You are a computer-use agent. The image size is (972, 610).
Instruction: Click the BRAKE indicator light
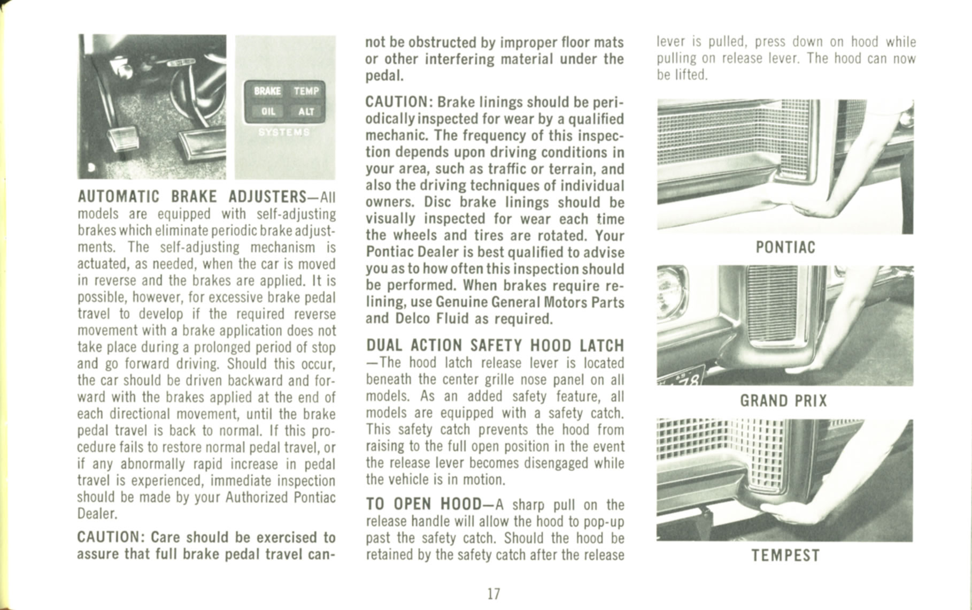(267, 91)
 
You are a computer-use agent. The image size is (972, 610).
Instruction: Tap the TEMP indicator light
(306, 91)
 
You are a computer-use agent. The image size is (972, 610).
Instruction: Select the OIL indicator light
(268, 111)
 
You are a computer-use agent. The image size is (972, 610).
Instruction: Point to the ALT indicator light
(306, 111)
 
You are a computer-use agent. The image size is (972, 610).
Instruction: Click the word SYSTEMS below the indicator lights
(284, 132)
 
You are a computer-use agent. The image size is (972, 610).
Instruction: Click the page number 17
(493, 593)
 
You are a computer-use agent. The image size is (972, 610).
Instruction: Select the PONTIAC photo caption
(785, 247)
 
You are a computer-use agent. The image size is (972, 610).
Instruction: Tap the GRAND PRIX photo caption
(783, 401)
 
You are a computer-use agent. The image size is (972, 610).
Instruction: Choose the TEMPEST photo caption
(785, 555)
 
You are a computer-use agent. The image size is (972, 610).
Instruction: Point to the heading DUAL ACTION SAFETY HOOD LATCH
(495, 346)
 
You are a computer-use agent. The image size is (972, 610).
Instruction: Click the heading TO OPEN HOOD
(423, 504)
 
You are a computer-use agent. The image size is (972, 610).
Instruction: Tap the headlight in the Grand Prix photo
(670, 292)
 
